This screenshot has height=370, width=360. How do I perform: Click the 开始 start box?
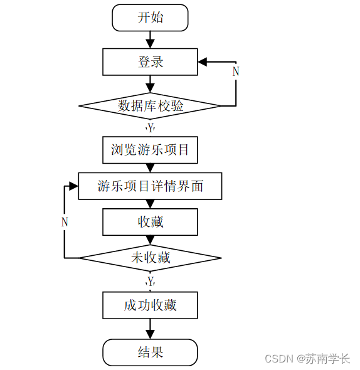(x=150, y=18)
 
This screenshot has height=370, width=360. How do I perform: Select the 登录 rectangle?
(x=150, y=61)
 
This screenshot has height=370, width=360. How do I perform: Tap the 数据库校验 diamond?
(x=150, y=106)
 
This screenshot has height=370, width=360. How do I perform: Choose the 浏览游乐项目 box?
(x=150, y=150)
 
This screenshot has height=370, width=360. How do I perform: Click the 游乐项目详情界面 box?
(x=150, y=186)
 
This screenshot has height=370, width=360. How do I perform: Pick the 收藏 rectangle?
(x=150, y=222)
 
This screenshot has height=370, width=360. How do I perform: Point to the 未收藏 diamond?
(x=150, y=258)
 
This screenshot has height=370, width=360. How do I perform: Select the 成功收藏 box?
(x=150, y=305)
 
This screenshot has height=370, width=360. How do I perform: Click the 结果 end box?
(x=150, y=352)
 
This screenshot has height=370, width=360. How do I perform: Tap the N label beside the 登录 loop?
(x=236, y=71)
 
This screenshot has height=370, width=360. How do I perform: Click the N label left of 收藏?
(x=65, y=222)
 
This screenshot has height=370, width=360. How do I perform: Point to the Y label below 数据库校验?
(x=151, y=128)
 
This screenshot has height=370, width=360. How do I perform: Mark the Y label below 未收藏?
(x=151, y=280)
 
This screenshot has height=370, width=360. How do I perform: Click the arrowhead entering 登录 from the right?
(x=203, y=61)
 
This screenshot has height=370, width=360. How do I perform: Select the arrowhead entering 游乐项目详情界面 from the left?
(x=73, y=186)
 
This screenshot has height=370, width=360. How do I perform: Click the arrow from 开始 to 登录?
(x=150, y=39)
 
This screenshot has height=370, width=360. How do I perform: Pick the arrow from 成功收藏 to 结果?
(x=150, y=329)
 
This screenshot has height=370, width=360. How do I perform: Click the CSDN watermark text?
(x=280, y=359)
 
